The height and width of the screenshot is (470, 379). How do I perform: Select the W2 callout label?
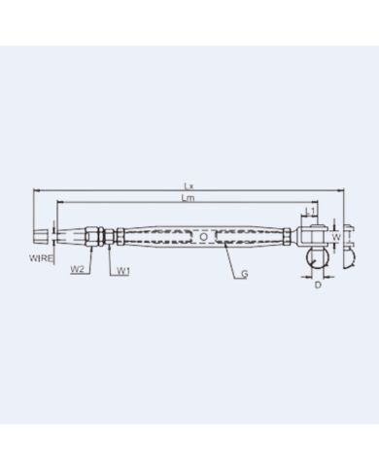tap(76, 271)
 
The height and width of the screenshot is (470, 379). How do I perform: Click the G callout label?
tap(244, 275)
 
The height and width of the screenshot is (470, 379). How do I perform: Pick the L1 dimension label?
tap(310, 210)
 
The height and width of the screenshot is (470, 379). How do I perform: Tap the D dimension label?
tap(318, 285)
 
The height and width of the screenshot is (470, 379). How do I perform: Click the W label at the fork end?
tap(336, 236)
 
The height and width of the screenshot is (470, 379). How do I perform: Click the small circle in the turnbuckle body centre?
tap(201, 237)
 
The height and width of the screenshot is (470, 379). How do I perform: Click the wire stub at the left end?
tap(40, 237)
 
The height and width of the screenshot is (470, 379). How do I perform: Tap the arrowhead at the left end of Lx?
tap(35, 190)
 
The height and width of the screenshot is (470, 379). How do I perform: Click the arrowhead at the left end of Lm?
tap(59, 203)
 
